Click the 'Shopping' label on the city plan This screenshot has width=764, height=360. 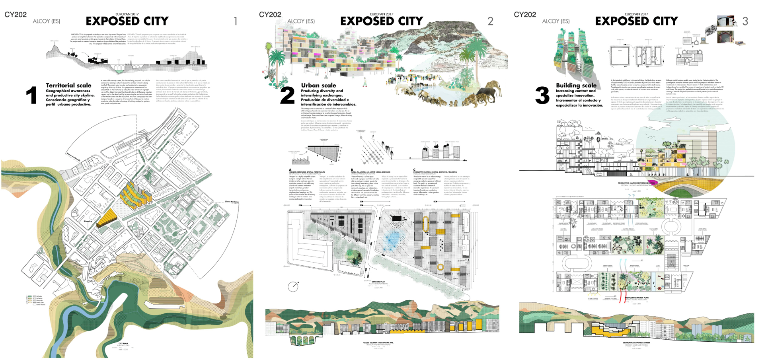(x=88, y=221)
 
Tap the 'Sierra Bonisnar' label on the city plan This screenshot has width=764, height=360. (x=232, y=202)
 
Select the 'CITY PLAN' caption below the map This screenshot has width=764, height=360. (x=123, y=343)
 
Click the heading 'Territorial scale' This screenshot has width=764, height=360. (x=68, y=85)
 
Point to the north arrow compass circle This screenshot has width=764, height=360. (x=293, y=286)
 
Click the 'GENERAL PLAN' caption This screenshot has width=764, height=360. (x=378, y=282)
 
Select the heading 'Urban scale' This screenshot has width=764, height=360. (x=318, y=85)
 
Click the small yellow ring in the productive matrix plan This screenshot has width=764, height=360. (x=440, y=267)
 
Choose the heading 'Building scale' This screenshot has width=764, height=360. (x=576, y=85)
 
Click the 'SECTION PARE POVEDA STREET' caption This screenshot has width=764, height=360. (x=636, y=342)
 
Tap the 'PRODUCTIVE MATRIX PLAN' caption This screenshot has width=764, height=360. (x=636, y=298)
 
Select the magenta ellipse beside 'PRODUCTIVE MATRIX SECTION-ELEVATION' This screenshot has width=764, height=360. (x=653, y=183)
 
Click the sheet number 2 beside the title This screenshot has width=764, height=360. (x=490, y=21)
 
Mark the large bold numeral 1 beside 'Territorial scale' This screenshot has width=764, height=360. (x=32, y=95)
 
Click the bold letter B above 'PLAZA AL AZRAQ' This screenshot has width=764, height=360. (x=352, y=170)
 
